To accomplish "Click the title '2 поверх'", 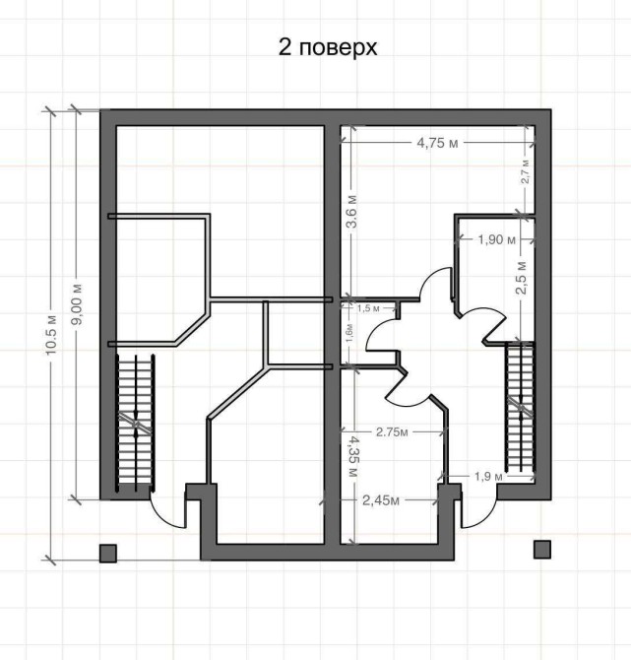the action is [328, 48].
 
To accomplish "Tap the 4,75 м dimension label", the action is [437, 143].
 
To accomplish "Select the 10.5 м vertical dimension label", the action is [51, 335].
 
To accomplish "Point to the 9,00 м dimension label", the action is [77, 304].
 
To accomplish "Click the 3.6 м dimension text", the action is [351, 212].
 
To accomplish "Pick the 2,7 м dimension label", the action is [526, 171].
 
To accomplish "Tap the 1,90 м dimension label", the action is [496, 240].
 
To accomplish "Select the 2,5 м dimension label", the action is [521, 278].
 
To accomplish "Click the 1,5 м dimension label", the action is [368, 308].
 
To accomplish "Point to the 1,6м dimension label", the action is [349, 333].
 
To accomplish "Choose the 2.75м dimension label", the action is [392, 431].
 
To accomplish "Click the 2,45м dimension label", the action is [381, 500].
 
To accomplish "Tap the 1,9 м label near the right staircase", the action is [488, 477].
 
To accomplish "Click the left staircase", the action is [135, 423].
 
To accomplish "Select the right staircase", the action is [521, 408].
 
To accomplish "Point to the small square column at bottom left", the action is [108, 553].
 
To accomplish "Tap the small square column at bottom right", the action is [542, 550].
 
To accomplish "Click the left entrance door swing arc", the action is [162, 518].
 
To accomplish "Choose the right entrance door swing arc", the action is [483, 518].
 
